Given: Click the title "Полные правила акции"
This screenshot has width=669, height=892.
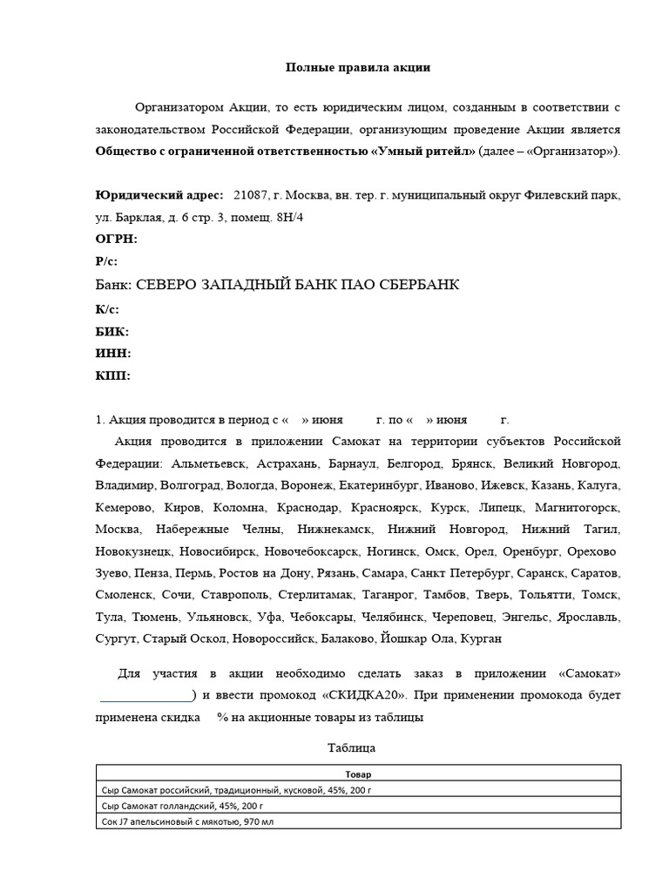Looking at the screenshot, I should [x=334, y=67].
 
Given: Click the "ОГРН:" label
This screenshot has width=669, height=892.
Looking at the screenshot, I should [x=116, y=239].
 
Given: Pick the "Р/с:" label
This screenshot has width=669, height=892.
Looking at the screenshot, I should [x=106, y=261].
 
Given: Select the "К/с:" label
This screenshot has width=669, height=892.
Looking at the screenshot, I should [x=106, y=308].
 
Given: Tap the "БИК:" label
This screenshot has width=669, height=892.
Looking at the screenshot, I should [x=111, y=331].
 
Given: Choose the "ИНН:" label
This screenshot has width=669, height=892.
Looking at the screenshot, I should [x=112, y=354].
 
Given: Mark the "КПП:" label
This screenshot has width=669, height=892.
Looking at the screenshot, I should [x=112, y=376].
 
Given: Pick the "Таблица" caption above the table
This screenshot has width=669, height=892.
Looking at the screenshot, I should [x=351, y=747].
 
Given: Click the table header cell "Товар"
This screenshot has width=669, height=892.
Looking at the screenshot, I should [x=357, y=774].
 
